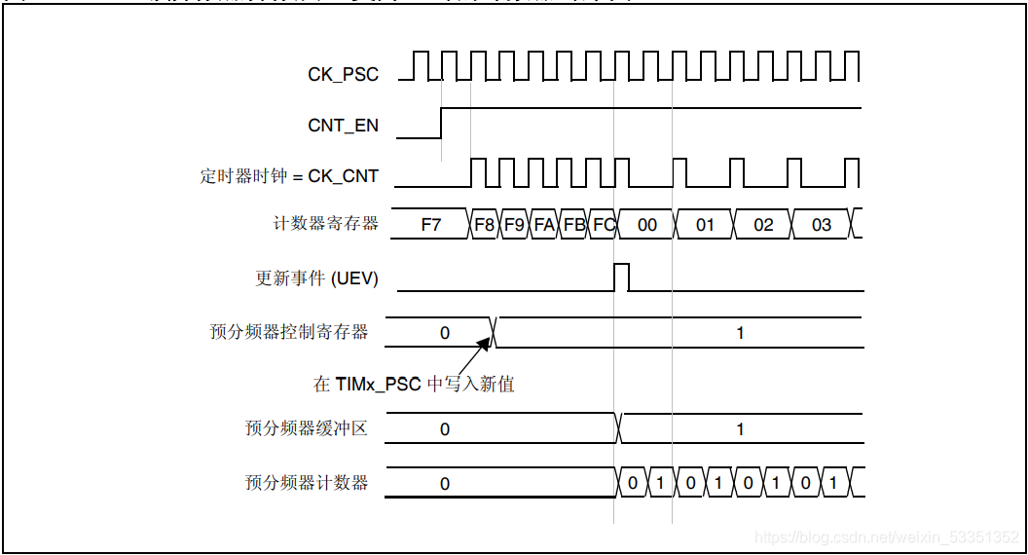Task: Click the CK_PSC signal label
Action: coord(343,74)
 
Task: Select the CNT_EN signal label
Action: coord(343,126)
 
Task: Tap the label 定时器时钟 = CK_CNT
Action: coord(289,176)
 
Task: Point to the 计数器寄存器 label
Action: coord(325,224)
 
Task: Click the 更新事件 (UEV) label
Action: coord(316,278)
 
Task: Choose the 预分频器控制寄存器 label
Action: coord(289,332)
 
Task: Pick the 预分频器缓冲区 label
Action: coord(307,428)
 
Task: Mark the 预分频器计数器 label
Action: coord(307,482)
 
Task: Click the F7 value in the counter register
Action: coord(430,225)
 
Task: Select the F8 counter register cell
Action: coord(485,225)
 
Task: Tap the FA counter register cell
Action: coord(544,225)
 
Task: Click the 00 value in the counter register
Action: coord(646,225)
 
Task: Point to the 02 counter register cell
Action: coord(763,225)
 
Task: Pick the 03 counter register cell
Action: coord(822,225)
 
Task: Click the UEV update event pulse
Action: coord(622,277)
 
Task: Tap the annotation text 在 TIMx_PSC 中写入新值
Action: coord(414,384)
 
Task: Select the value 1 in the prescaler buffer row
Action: coord(740,429)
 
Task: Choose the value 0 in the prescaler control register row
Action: coord(445,333)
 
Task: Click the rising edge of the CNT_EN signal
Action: coord(442,124)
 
